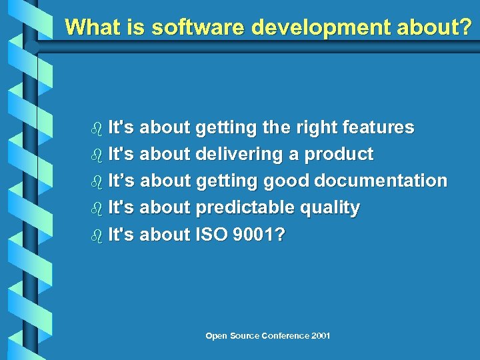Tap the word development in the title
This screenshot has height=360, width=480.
pos(318,27)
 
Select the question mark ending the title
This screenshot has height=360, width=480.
pos(465,27)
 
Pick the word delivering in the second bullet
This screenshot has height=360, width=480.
pos(239,155)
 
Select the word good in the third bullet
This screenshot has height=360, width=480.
pos(286,181)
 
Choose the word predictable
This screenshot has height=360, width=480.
pos(242,208)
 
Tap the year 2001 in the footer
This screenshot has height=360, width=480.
pos(320,336)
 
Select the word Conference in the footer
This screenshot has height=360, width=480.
pos(280,336)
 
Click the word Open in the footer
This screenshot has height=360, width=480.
pos(217,336)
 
